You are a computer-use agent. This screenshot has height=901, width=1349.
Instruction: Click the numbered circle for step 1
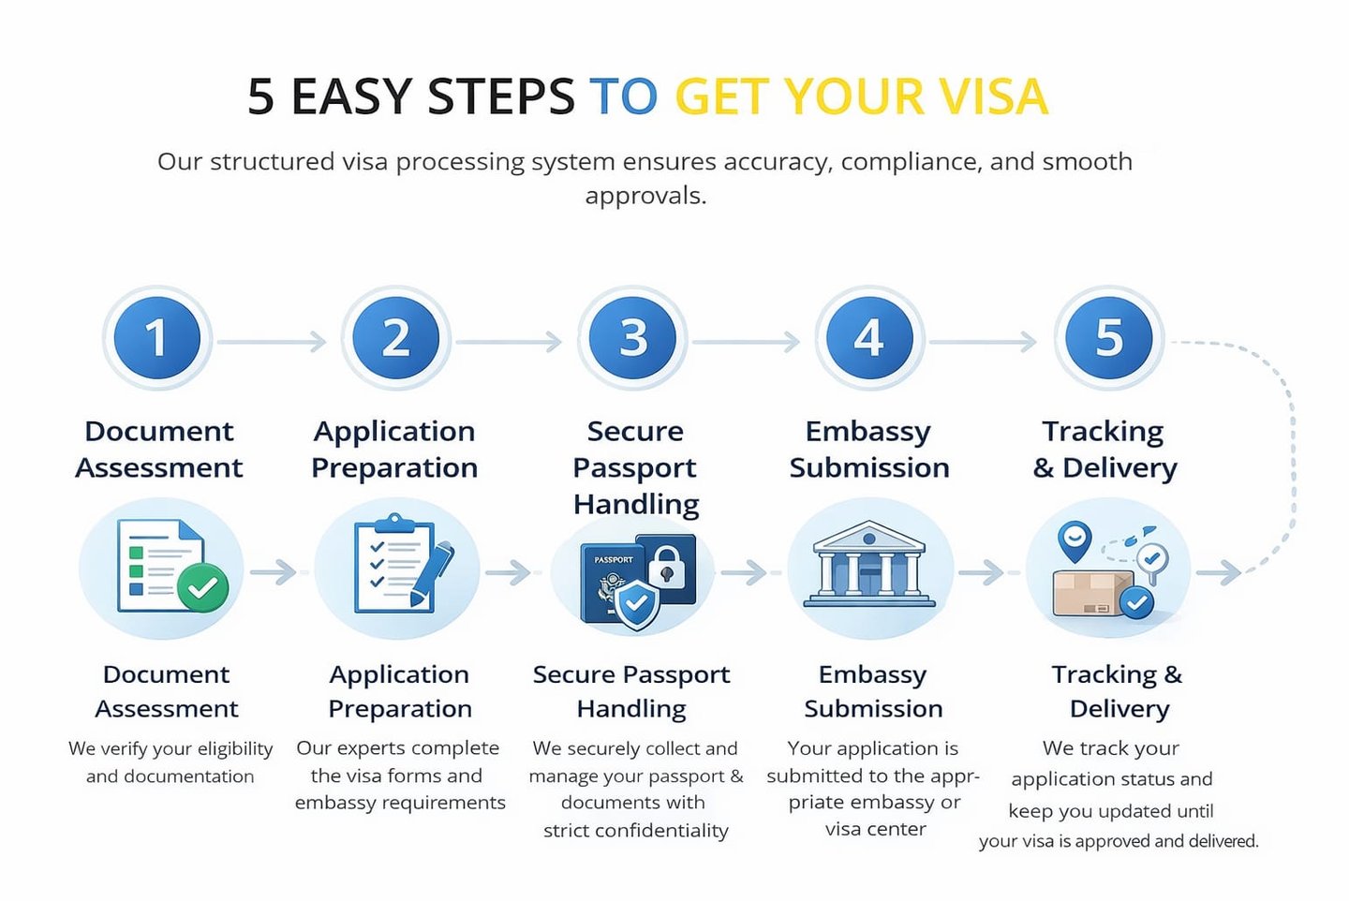click(x=156, y=338)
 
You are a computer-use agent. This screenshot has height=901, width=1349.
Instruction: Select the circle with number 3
click(x=633, y=338)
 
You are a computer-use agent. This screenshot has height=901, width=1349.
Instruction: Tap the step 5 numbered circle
click(x=1109, y=338)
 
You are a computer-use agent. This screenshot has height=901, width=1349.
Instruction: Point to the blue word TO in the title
click(x=623, y=96)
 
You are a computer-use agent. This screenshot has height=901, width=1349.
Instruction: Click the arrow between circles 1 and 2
click(x=272, y=342)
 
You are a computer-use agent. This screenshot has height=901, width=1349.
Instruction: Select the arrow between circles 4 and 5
click(x=983, y=342)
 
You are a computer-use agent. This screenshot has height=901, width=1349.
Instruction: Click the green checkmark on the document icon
click(x=202, y=587)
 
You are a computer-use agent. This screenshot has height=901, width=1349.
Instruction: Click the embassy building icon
click(x=869, y=566)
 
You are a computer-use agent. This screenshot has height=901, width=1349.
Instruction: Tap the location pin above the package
click(x=1074, y=540)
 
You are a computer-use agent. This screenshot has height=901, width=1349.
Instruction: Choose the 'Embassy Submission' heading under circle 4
click(x=869, y=450)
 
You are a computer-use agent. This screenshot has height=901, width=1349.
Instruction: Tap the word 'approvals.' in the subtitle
click(x=645, y=196)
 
